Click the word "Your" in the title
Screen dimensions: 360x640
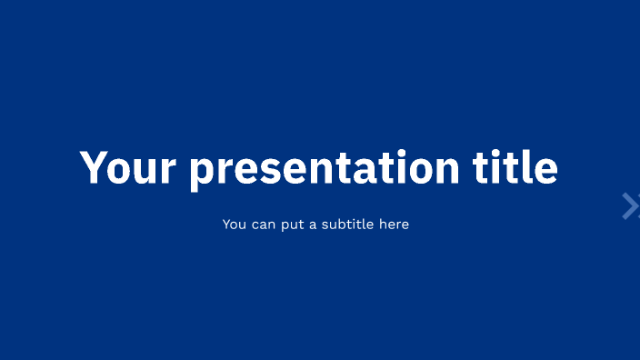pos(127,167)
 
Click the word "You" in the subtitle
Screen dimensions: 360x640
pos(235,224)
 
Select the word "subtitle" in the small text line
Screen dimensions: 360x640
pos(345,224)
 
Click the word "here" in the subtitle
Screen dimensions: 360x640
pos(394,224)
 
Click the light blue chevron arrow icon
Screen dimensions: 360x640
pos(630,206)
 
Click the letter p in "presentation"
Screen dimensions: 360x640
pos(203,172)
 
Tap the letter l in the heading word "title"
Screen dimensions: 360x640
pos(530,166)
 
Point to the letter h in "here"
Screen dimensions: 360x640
pos(382,224)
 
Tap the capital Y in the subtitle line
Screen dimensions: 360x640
pos(226,224)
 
